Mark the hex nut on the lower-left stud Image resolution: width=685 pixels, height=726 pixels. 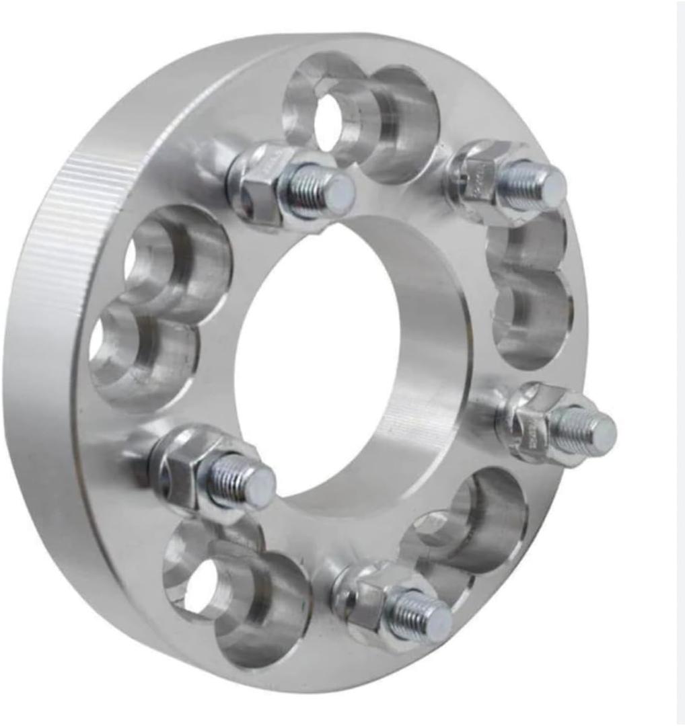tap(185, 464)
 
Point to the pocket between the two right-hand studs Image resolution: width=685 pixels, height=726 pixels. tap(532, 296)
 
